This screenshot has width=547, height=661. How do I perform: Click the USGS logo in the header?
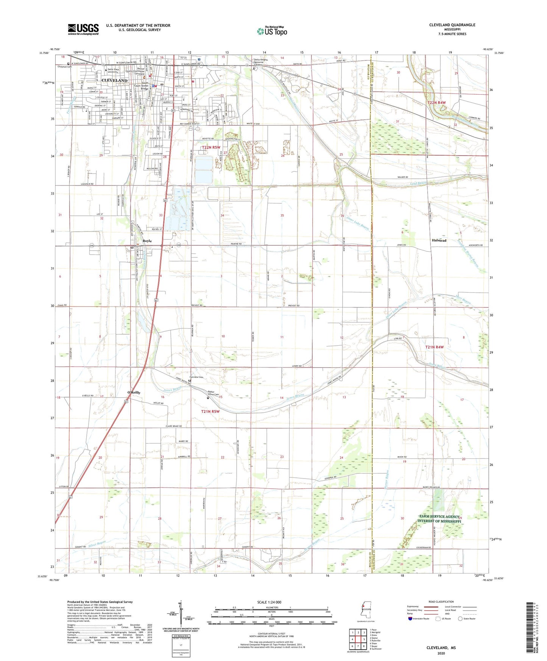tap(83, 29)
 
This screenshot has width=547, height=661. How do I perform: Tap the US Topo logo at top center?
tap(271, 31)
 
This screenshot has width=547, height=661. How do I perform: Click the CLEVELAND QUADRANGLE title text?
tap(452, 25)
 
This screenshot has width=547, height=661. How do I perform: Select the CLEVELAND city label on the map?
tap(114, 81)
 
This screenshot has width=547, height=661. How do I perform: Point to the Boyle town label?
tap(147, 241)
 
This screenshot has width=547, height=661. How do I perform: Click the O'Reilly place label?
tap(134, 392)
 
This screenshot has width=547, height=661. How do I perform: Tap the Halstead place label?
tap(439, 240)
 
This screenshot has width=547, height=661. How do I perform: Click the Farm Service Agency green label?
tap(439, 519)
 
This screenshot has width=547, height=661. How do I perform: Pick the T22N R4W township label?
tap(436, 103)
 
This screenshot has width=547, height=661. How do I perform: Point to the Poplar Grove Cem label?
tap(214, 393)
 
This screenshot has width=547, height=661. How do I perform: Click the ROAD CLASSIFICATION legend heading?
tap(441, 602)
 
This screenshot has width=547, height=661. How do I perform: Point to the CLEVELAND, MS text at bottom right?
tap(441, 648)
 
